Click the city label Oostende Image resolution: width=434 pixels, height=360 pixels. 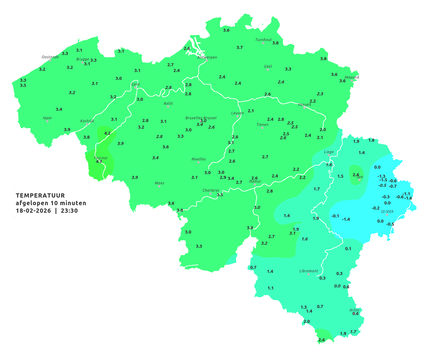(50, 57)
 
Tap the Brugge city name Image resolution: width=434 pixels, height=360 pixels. (82, 59)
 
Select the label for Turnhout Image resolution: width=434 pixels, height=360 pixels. (264, 40)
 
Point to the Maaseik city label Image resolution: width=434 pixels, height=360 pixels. (352, 77)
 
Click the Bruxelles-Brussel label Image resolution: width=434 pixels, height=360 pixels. (201, 118)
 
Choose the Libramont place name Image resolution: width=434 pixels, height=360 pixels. (308, 271)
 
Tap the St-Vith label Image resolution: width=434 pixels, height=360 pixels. (387, 212)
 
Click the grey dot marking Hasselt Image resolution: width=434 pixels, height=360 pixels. (304, 108)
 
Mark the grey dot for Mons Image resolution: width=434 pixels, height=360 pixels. (159, 186)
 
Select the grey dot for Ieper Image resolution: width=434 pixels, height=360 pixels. (47, 121)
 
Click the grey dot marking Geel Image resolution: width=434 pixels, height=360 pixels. (267, 70)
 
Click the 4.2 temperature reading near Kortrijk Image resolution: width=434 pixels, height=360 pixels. (107, 133)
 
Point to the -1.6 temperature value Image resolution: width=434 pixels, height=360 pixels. (409, 198)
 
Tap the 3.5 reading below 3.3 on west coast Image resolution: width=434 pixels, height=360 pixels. (23, 85)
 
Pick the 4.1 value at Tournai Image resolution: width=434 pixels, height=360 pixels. (99, 162)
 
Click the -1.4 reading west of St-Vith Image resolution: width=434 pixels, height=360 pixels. (346, 219)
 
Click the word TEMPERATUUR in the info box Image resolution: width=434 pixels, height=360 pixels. (40, 195)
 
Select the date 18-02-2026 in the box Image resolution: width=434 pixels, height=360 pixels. (33, 211)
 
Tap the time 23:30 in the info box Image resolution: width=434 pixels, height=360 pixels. (69, 211)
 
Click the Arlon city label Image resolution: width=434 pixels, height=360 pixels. (354, 310)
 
